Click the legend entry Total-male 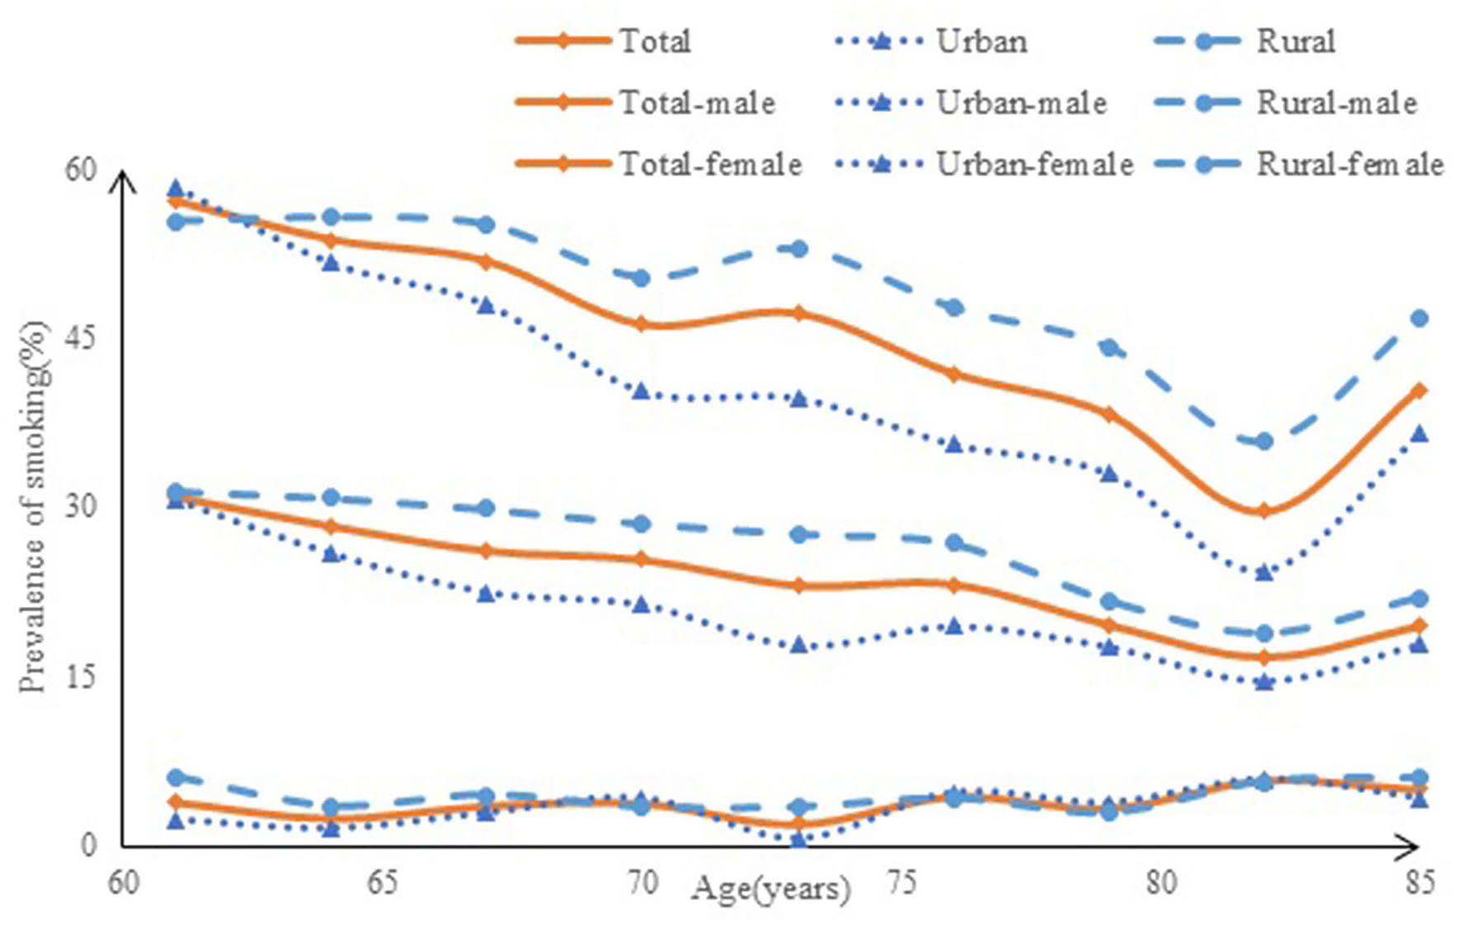[x=697, y=103]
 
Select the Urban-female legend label [x=1034, y=164]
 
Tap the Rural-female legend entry [x=1349, y=164]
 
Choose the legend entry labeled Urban [x=981, y=41]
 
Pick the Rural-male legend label [x=1336, y=103]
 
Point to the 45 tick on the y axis [x=80, y=337]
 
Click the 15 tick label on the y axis [x=80, y=676]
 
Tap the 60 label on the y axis [x=80, y=169]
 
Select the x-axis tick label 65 [x=382, y=883]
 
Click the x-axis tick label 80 [x=1160, y=883]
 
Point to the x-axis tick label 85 [x=1419, y=883]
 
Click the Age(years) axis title [x=771, y=889]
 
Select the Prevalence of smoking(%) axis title [x=33, y=507]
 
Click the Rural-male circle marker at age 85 [x=1419, y=318]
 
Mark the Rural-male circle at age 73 [x=798, y=248]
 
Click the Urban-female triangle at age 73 [x=798, y=839]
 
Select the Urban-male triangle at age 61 [x=175, y=189]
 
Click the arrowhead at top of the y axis [x=123, y=177]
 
